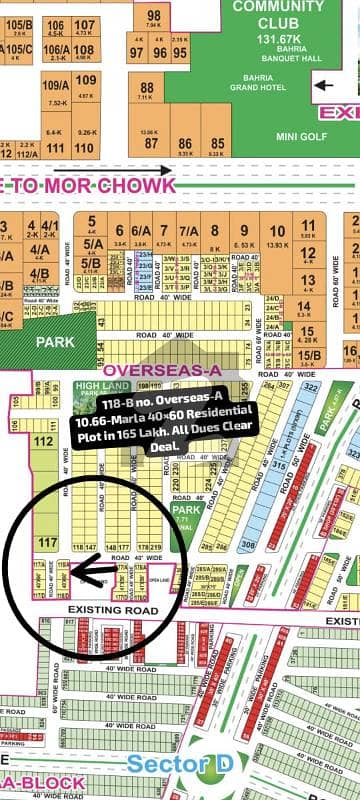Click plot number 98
[153, 16]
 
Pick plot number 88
[146, 87]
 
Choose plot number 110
[55, 148]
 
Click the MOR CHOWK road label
[100, 185]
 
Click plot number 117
[43, 542]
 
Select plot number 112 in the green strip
[43, 440]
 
